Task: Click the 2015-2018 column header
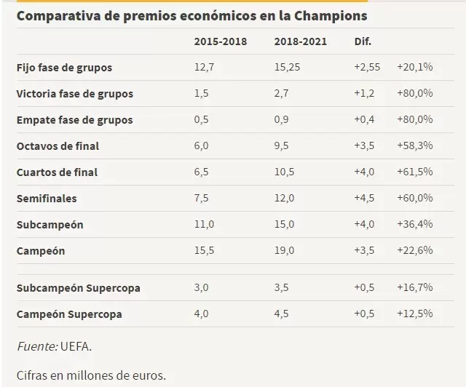click(x=220, y=41)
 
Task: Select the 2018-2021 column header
click(x=301, y=41)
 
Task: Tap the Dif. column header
click(x=362, y=41)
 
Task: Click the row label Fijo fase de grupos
click(x=64, y=68)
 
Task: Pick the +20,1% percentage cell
click(x=415, y=68)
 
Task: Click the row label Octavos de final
click(x=58, y=146)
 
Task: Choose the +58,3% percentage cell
click(x=415, y=146)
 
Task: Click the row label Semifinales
click(x=47, y=199)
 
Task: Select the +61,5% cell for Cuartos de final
click(x=415, y=172)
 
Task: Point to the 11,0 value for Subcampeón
click(x=205, y=225)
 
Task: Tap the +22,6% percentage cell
click(x=415, y=251)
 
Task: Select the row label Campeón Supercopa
click(x=69, y=315)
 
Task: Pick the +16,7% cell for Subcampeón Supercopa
click(x=415, y=289)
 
